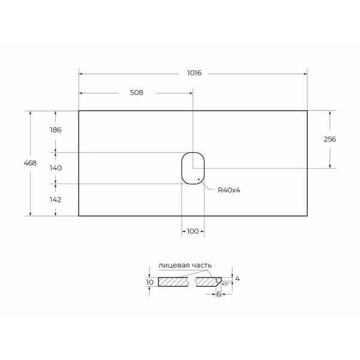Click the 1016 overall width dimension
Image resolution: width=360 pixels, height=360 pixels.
point(193,74)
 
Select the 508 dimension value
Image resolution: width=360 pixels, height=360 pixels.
point(135,93)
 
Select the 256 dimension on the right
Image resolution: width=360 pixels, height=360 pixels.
point(329,139)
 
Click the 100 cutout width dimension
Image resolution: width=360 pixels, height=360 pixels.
point(193,231)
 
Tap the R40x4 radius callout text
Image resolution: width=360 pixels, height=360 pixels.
point(228,190)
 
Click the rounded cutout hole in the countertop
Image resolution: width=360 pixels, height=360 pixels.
point(193,167)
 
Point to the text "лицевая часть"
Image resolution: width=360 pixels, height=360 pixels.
point(185,265)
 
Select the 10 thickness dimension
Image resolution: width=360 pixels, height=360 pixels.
point(149,281)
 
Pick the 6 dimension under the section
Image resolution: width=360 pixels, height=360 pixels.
point(218,294)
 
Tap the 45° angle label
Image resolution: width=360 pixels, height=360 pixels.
point(225,283)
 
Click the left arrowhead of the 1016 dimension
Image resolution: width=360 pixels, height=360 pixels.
point(81,74)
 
